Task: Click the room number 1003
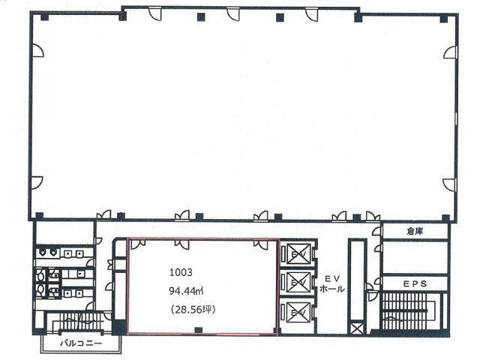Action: [181, 272]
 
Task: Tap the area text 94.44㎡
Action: [187, 291]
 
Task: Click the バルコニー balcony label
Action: [80, 343]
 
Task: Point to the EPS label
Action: [415, 283]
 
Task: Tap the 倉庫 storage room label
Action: [415, 232]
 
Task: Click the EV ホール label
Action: [332, 284]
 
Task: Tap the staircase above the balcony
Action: [80, 322]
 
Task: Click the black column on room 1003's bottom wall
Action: [198, 330]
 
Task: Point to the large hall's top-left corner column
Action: [45, 17]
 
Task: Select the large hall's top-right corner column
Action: [443, 19]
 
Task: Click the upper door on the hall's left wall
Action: [37, 50]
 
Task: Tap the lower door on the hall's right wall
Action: [450, 184]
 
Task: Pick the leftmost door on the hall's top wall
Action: [155, 13]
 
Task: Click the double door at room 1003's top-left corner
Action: [138, 244]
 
